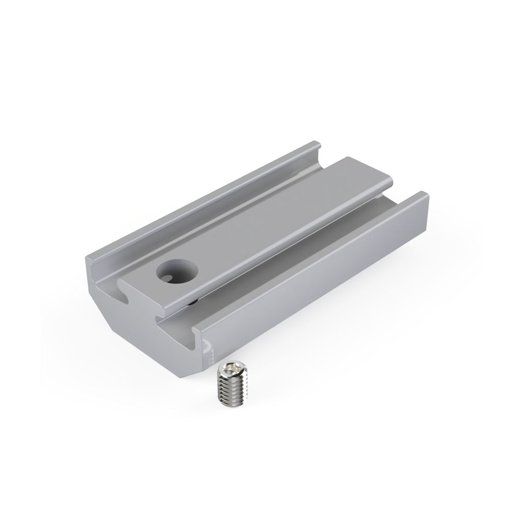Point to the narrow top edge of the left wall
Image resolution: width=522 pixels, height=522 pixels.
(x=204, y=199)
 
